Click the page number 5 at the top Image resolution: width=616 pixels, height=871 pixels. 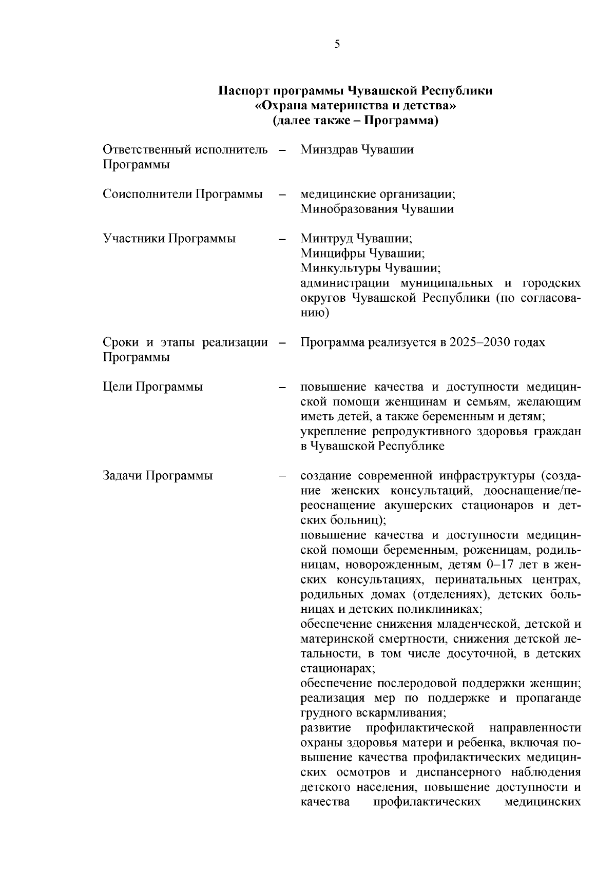click(337, 45)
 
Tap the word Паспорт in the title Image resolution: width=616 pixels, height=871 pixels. click(244, 91)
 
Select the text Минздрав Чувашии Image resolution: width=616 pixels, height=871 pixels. click(357, 150)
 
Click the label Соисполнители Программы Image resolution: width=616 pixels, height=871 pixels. click(183, 195)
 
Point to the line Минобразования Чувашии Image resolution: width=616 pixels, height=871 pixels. click(377, 209)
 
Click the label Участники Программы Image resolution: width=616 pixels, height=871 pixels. click(169, 239)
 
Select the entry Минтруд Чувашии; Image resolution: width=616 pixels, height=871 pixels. click(356, 239)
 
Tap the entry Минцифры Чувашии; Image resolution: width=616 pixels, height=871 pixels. click(362, 254)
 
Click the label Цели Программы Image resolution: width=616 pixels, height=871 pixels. click(153, 387)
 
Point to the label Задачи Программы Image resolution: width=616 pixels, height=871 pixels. click(158, 476)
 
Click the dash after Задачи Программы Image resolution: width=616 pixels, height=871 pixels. click(282, 476)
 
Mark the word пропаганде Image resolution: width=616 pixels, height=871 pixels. click(551, 699)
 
